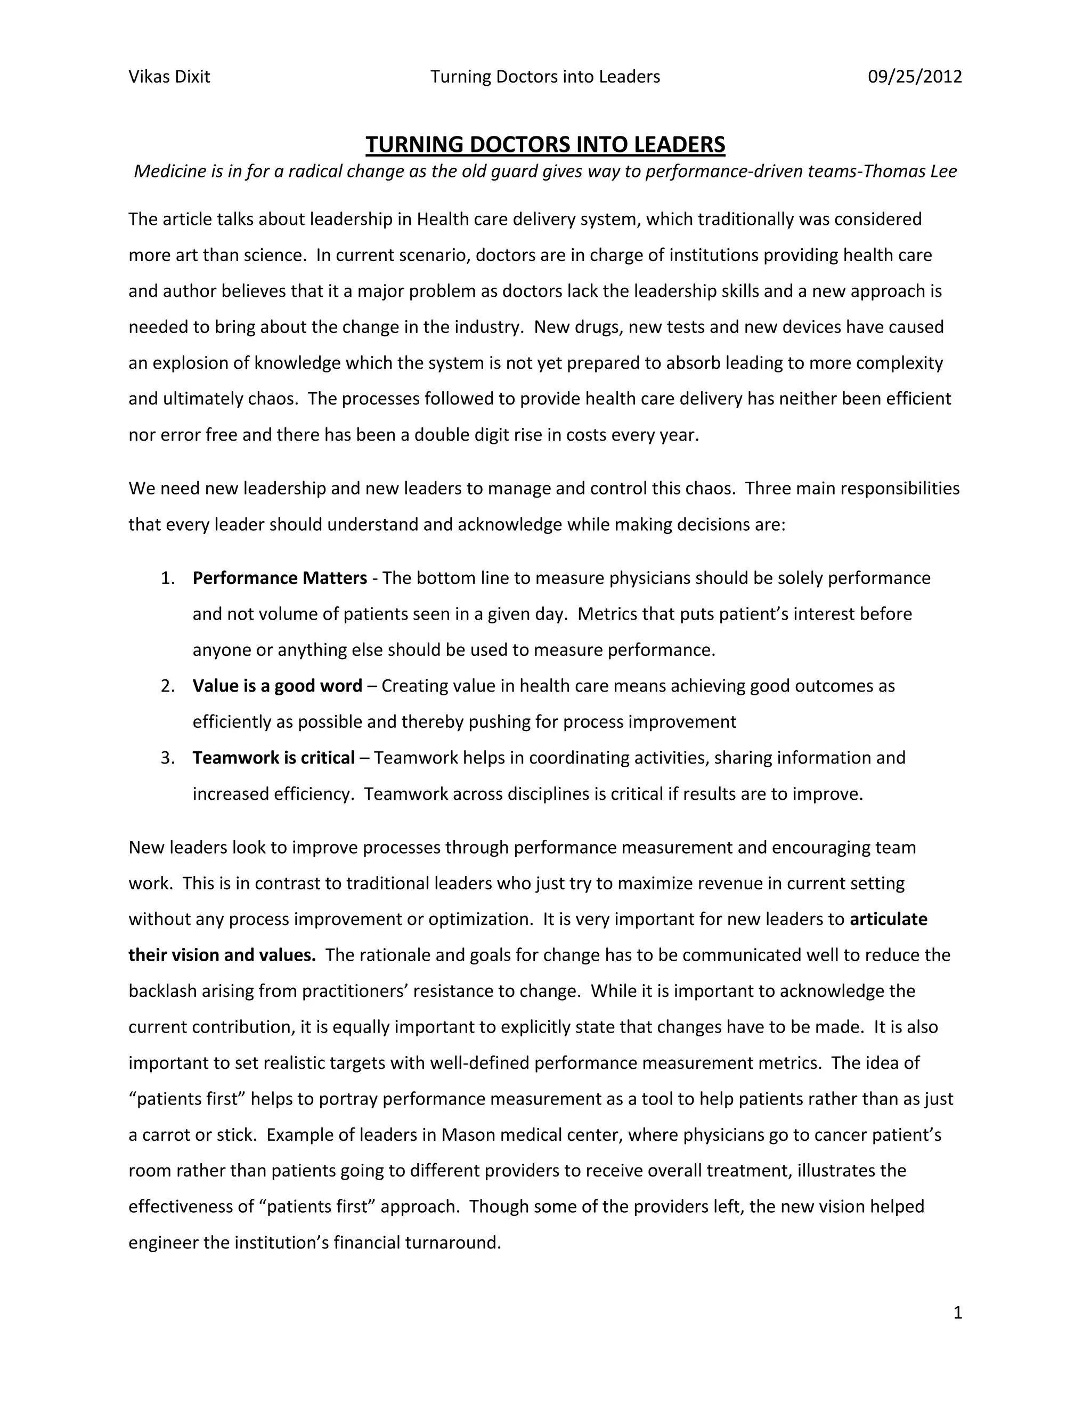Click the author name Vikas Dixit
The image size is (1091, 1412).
tap(169, 77)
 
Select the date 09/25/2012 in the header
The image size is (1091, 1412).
tap(914, 77)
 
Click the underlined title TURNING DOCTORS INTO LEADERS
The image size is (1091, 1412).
tap(545, 144)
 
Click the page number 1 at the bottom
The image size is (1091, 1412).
tap(957, 1312)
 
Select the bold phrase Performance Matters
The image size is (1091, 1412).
tap(279, 578)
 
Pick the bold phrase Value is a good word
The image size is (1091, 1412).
tap(276, 686)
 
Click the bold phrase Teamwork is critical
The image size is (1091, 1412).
tap(273, 758)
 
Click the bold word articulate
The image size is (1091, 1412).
tap(888, 919)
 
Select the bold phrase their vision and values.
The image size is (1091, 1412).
tap(222, 955)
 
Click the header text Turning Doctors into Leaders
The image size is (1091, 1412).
tap(545, 77)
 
